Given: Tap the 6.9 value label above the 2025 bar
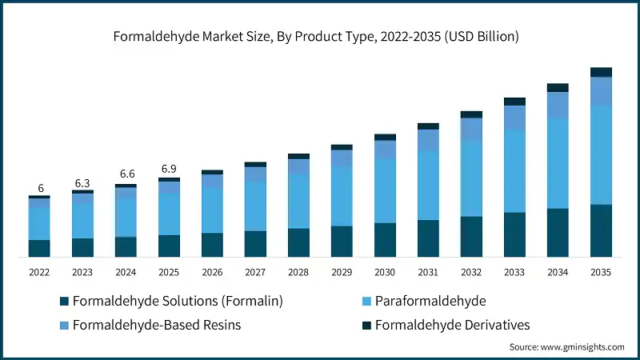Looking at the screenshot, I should tap(169, 169).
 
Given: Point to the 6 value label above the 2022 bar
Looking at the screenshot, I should tap(39, 188).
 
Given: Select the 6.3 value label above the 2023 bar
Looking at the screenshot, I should tap(82, 182).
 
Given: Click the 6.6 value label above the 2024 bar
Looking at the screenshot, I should tap(126, 174).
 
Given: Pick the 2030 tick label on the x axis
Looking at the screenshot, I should tap(385, 272).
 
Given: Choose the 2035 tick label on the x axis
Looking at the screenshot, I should tap(601, 272).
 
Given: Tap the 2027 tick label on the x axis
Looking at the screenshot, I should tap(255, 272).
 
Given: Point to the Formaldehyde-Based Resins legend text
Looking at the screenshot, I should tap(156, 325).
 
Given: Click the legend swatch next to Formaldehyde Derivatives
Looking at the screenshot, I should tap(366, 325).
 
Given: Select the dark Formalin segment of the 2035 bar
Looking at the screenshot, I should tap(601, 230).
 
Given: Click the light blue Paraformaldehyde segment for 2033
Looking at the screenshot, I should tap(514, 170).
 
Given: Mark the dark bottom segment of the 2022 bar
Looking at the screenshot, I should tap(39, 248).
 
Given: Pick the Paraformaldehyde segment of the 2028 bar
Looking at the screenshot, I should tap(298, 201).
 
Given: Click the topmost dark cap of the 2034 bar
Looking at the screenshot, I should tap(558, 87).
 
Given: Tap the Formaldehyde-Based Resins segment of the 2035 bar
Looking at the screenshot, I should tap(601, 91).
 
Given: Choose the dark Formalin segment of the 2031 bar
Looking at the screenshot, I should tap(428, 238).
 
